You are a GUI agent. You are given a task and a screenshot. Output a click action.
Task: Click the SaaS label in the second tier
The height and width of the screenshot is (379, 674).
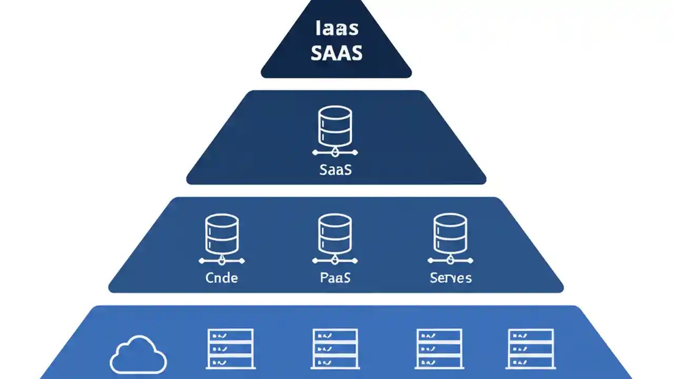coord(335,170)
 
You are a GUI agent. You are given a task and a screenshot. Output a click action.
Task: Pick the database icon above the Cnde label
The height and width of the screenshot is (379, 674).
coord(221,234)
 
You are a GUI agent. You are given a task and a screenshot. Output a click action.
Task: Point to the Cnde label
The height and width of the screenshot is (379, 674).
coord(221,277)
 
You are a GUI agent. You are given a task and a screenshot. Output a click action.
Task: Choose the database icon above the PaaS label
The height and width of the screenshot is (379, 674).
coord(335,234)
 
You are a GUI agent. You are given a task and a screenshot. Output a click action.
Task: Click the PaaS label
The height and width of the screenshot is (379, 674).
coord(335,277)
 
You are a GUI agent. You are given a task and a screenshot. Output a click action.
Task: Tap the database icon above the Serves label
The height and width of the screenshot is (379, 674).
coord(450,234)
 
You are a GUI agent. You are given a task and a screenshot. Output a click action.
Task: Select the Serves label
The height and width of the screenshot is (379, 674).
coord(450,277)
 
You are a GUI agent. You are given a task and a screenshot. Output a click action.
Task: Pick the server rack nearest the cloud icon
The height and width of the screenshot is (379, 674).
coord(231,348)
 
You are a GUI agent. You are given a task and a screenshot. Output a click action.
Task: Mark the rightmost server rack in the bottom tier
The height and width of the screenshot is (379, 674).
coord(530,348)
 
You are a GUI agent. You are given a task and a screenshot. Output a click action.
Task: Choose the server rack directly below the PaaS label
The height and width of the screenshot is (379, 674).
coord(335,348)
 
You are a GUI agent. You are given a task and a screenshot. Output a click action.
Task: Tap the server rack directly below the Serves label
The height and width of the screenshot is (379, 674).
coord(439,348)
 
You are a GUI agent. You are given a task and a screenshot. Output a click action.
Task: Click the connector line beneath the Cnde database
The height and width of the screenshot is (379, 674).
coord(221,261)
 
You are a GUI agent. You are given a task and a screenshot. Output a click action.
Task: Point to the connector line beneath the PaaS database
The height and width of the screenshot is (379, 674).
coord(335,261)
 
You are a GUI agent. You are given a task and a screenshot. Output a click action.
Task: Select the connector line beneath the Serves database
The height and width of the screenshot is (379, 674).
coord(450,261)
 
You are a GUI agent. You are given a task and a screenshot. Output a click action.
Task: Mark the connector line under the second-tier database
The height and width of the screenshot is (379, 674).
coord(335,153)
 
